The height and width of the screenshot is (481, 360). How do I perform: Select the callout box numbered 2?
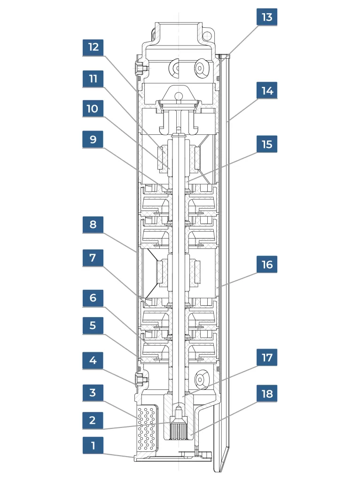93,420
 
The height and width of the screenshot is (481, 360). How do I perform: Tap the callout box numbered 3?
93,392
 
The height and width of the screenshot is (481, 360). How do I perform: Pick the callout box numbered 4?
93,361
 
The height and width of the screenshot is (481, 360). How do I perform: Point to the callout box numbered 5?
93,325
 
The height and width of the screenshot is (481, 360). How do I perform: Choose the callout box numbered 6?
93,297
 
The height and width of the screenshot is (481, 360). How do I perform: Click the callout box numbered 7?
93,258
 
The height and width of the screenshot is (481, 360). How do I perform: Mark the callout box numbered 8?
93,225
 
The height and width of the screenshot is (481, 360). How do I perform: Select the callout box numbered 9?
93,140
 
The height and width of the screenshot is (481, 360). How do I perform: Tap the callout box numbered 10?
93,109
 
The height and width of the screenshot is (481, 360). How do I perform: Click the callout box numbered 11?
93,78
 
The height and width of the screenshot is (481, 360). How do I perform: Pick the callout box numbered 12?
93,47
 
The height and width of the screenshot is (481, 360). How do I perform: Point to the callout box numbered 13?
266,17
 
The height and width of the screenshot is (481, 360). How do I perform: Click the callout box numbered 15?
266,144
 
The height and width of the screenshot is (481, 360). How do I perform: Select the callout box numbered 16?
266,264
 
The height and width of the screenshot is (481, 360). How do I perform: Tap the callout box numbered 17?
266,358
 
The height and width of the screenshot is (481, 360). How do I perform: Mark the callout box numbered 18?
266,393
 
